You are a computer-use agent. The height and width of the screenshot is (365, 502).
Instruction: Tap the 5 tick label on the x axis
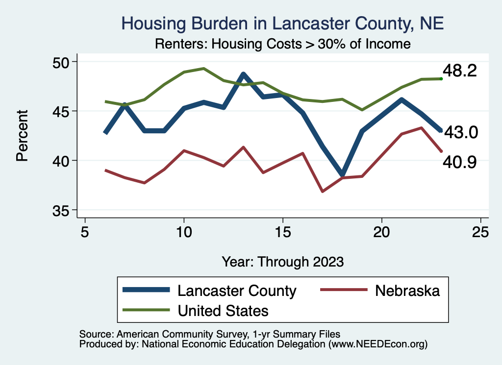click(85, 231)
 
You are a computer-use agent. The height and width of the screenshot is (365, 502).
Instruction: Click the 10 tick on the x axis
click(184, 231)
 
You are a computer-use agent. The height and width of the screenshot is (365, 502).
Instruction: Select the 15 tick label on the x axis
click(283, 231)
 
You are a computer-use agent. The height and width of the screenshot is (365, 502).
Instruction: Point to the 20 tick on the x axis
click(382, 231)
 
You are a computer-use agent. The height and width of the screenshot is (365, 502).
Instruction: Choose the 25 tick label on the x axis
click(481, 231)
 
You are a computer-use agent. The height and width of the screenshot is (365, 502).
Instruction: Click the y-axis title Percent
click(22, 136)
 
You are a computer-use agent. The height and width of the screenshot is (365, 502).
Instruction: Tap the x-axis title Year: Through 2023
click(282, 261)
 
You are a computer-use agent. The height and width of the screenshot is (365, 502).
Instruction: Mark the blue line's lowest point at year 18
click(343, 175)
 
